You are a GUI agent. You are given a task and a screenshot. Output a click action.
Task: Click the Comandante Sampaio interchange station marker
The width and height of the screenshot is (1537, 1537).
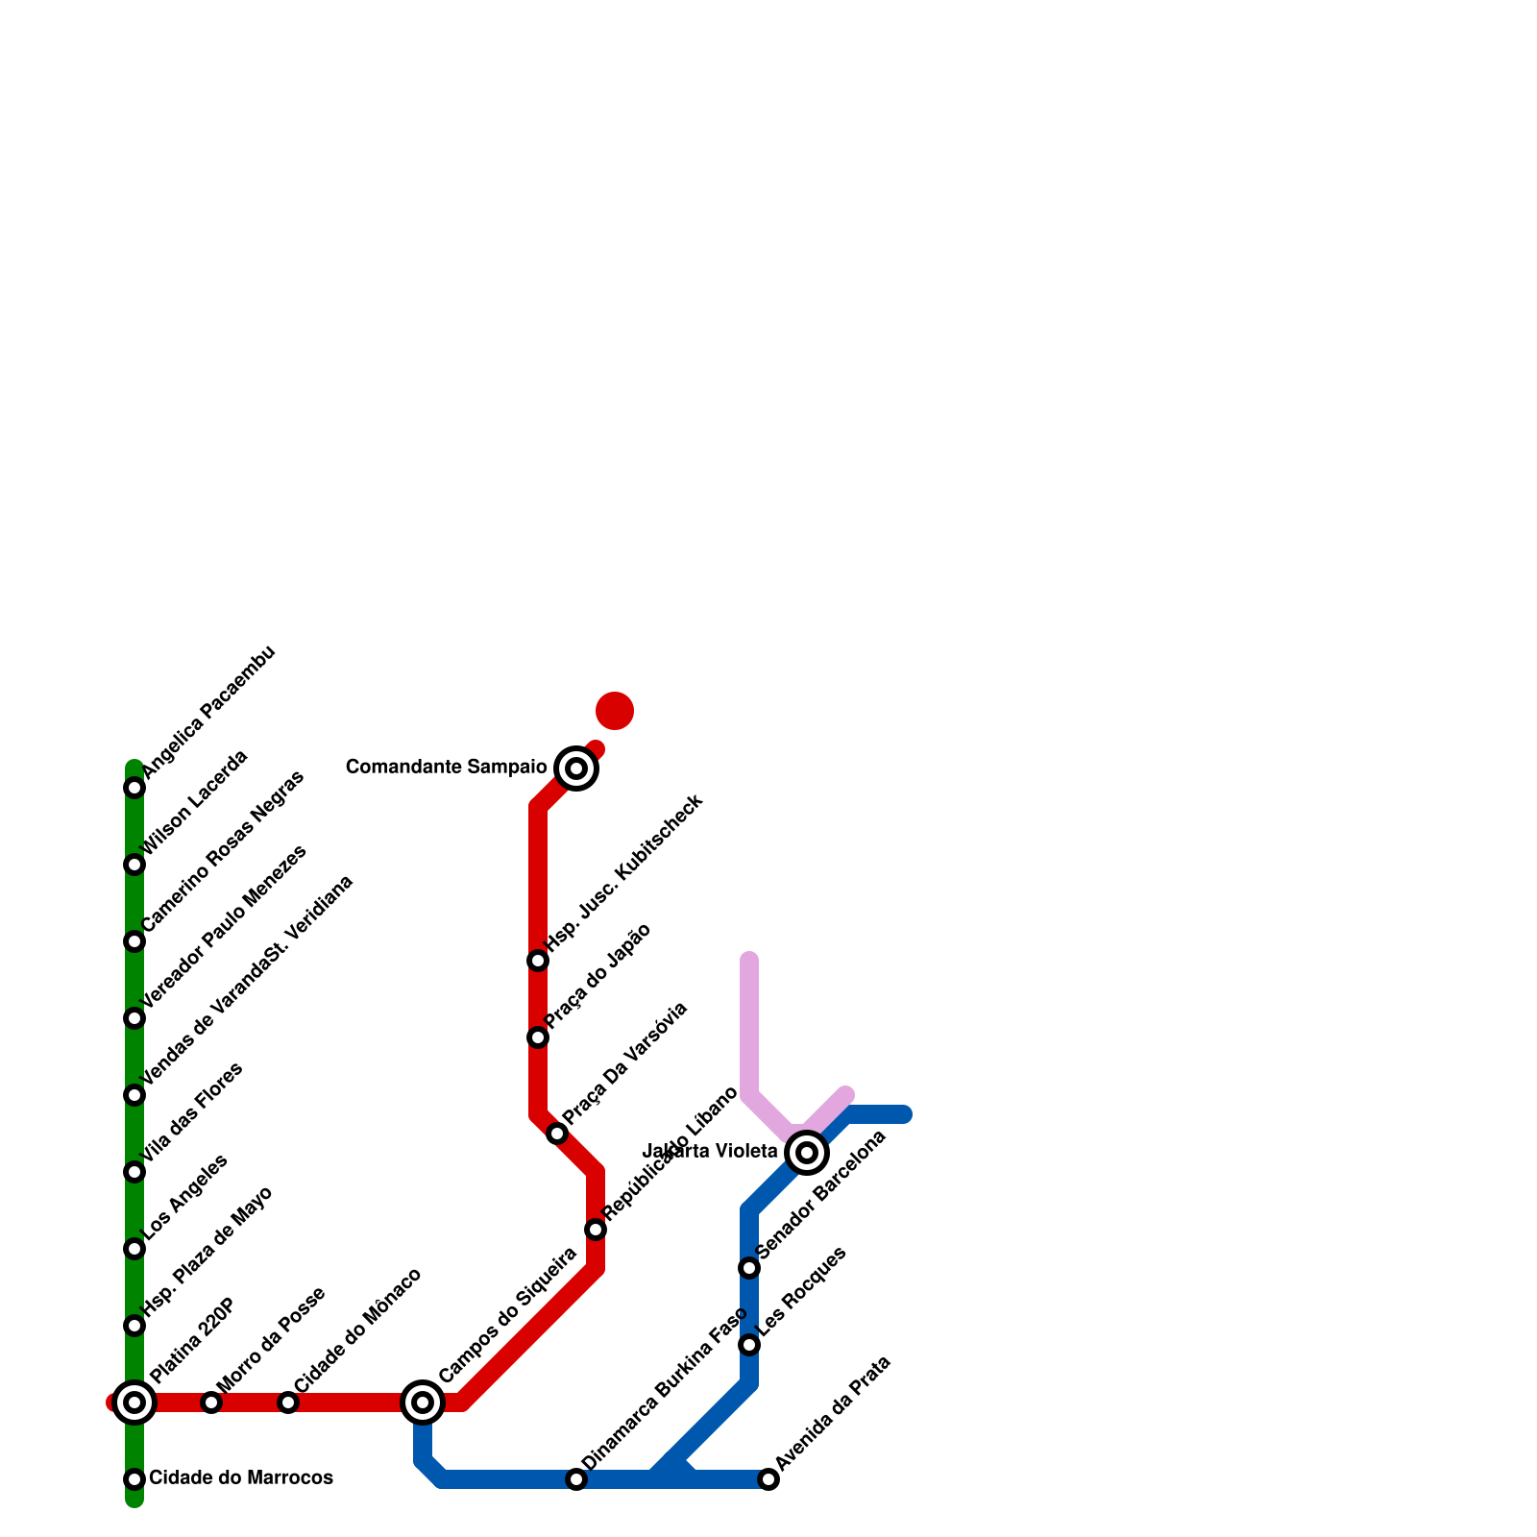point(576,768)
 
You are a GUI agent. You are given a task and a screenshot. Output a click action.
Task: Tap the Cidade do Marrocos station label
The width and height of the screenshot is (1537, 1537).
point(241,1477)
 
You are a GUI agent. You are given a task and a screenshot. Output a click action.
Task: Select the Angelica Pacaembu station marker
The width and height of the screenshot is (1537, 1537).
point(134,788)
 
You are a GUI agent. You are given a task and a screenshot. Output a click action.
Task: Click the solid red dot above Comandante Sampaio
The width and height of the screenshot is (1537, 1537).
point(615,711)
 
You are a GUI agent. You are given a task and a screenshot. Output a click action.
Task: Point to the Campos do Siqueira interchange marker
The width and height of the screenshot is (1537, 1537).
point(423,1403)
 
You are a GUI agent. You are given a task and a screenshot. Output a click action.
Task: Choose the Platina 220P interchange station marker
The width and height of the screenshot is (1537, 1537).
point(134,1403)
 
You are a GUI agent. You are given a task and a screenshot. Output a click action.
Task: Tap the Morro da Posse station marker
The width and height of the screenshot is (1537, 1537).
point(211,1403)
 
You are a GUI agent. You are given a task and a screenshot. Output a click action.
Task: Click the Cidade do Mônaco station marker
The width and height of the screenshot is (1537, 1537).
point(288,1403)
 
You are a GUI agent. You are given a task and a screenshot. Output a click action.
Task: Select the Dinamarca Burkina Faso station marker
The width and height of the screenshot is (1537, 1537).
point(576,1479)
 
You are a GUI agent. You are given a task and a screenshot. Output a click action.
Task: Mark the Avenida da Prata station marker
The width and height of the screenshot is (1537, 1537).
point(768,1479)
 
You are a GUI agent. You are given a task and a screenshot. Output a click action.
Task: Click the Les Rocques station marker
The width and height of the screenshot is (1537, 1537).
point(749,1345)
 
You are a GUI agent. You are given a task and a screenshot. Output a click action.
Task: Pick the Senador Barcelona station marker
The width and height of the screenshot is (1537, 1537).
point(749,1268)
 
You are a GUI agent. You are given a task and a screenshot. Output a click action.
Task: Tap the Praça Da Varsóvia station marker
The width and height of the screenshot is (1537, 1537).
point(557,1134)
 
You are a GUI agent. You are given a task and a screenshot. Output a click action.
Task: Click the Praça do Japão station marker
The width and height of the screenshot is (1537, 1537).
point(538,1037)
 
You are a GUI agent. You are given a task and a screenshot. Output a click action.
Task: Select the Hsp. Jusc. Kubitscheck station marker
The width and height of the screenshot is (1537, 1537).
point(538,961)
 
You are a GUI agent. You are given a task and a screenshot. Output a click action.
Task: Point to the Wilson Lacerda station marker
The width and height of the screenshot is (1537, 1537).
point(134,865)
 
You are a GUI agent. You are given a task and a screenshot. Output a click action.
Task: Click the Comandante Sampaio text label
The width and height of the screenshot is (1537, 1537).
point(446,768)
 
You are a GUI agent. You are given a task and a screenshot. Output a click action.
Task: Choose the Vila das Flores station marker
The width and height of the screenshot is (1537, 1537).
point(134,1172)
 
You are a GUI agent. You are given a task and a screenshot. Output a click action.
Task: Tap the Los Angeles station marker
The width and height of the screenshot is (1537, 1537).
point(134,1249)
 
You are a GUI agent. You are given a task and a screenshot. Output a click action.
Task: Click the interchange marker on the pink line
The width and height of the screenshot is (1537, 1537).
point(807,1153)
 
